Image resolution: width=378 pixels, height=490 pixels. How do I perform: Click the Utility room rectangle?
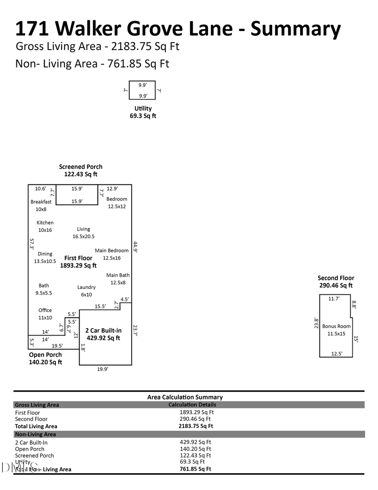[142, 90]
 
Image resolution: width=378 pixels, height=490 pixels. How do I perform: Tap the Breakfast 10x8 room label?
[41, 205]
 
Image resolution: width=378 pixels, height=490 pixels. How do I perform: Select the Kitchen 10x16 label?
[45, 226]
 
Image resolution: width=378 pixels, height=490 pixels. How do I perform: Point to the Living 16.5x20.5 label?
[83, 233]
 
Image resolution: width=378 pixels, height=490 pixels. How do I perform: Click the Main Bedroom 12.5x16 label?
[112, 254]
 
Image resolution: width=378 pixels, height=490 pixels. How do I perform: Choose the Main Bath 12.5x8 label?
[118, 279]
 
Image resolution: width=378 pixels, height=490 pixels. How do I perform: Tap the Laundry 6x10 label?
[86, 291]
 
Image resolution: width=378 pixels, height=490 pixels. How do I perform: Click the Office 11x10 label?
[45, 314]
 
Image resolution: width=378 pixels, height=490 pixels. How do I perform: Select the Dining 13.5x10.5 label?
[45, 257]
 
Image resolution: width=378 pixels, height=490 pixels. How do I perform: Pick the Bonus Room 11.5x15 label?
[336, 330]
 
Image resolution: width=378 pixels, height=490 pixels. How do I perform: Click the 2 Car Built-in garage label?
[103, 334]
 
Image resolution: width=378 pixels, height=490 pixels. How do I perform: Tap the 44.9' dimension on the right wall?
[135, 246]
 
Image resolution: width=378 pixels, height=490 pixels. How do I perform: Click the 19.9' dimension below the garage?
[102, 369]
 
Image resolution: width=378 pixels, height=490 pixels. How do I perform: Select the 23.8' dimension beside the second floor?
[316, 323]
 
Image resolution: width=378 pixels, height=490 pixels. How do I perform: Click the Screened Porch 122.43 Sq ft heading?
[81, 170]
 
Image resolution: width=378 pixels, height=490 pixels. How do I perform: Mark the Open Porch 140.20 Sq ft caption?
[45, 358]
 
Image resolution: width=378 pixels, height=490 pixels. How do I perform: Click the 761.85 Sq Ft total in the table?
[195, 469]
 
